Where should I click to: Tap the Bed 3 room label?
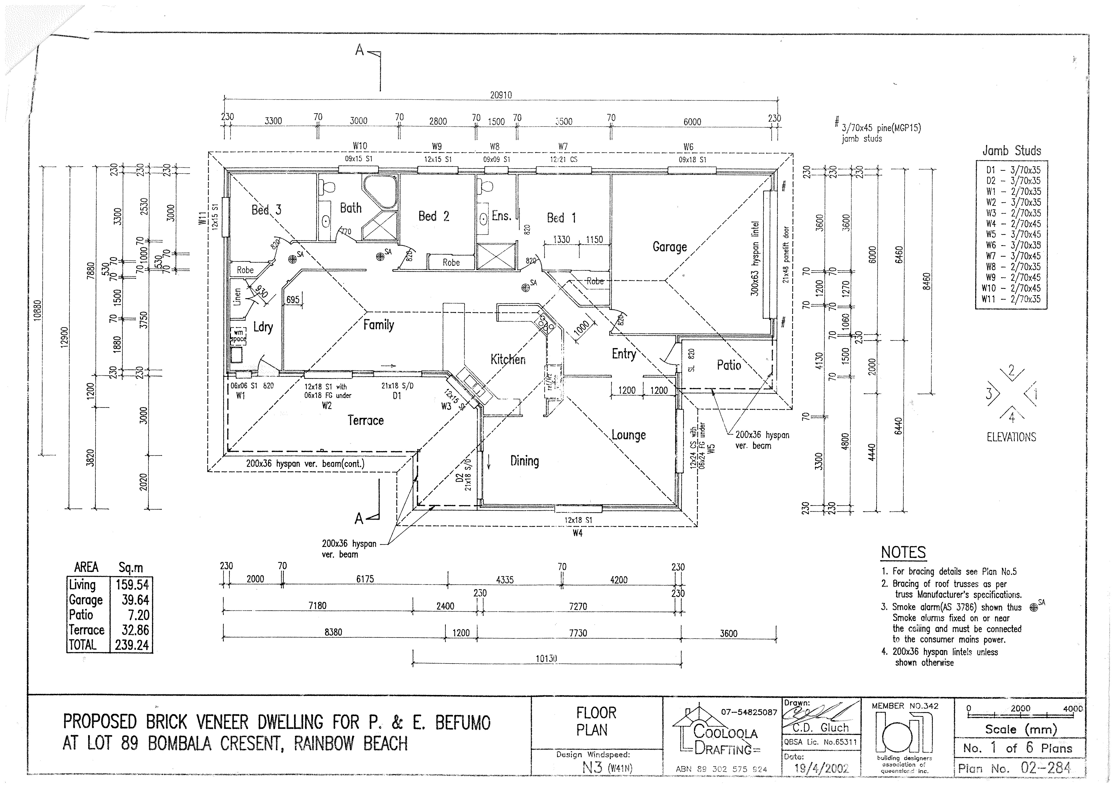click(266, 210)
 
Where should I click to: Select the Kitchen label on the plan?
click(508, 359)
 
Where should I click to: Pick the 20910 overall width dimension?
click(501, 95)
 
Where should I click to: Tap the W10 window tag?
click(360, 146)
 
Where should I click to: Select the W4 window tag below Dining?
click(578, 533)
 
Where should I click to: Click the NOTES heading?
click(903, 553)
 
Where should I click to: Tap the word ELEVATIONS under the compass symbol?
click(1011, 437)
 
